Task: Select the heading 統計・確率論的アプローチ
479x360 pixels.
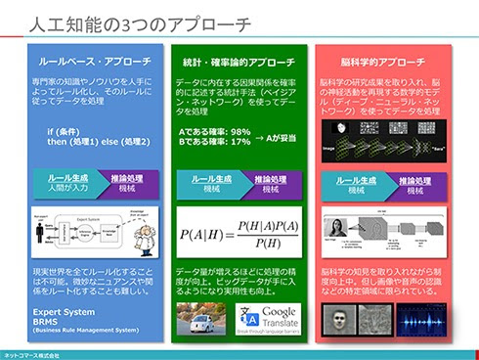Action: coord(239,62)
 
